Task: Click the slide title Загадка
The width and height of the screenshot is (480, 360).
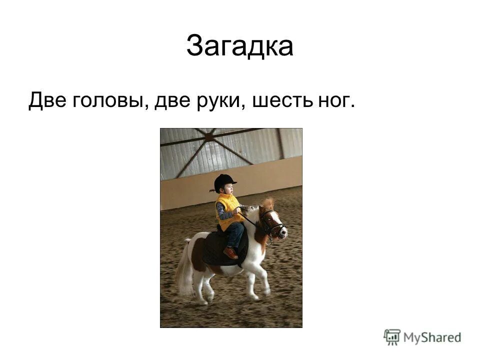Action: point(239,46)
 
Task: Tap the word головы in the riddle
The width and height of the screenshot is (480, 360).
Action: point(108,101)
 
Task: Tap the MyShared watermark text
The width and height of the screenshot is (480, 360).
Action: point(431,337)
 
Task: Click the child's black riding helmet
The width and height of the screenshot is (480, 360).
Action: point(224,181)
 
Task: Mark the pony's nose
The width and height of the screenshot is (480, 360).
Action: point(283,232)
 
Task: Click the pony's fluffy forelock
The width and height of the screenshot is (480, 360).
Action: point(268,203)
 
